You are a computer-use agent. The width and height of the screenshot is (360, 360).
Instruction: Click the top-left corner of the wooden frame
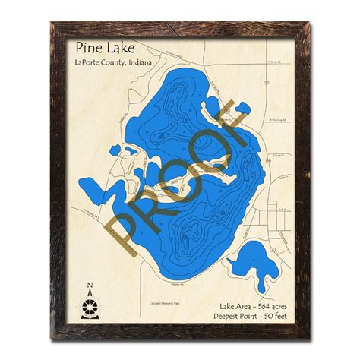click(x=51, y=24)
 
